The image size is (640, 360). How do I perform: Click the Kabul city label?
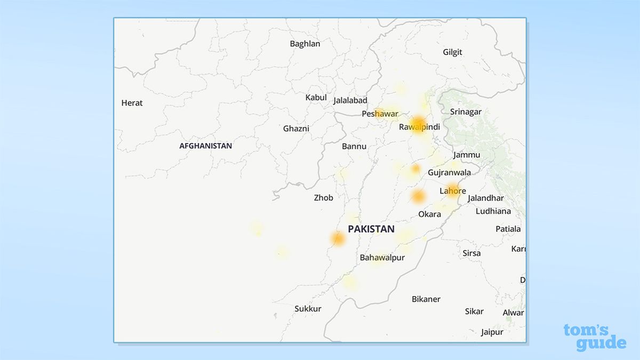click(316, 98)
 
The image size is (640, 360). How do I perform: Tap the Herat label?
click(132, 103)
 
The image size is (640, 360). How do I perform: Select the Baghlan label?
click(305, 44)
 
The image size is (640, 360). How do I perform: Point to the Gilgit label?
click(453, 52)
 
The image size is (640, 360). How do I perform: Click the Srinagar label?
click(466, 112)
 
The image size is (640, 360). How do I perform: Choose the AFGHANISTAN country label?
click(205, 146)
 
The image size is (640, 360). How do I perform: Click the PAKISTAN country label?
click(371, 229)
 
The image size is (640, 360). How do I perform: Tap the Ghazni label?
click(296, 129)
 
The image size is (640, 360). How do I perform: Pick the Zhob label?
click(323, 198)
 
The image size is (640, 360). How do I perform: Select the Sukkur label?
click(308, 309)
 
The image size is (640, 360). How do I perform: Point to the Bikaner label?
click(426, 299)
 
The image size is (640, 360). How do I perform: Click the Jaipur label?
click(492, 332)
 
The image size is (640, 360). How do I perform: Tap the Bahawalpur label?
click(382, 258)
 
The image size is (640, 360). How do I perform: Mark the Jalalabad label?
click(350, 100)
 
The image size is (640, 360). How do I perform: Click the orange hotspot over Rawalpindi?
click(419, 124)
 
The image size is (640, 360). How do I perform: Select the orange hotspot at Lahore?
click(453, 190)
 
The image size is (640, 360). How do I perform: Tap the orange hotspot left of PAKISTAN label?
click(338, 238)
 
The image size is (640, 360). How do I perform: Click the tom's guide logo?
click(594, 337)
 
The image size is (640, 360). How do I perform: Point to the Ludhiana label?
click(493, 211)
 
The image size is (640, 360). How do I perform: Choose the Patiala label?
click(508, 229)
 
